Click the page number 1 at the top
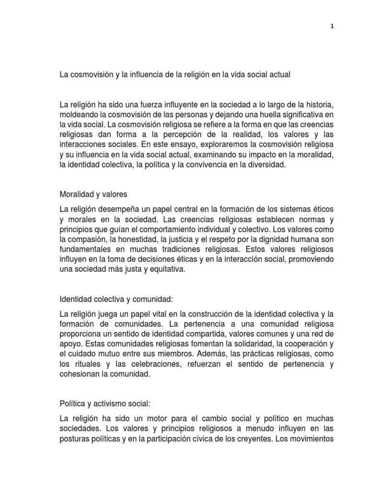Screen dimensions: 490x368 pyautogui.click(x=332, y=27)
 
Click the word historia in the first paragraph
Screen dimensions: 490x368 pyautogui.click(x=320, y=105)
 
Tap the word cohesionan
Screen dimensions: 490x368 pyautogui.click(x=79, y=374)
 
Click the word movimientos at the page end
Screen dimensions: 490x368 pyautogui.click(x=311, y=439)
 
